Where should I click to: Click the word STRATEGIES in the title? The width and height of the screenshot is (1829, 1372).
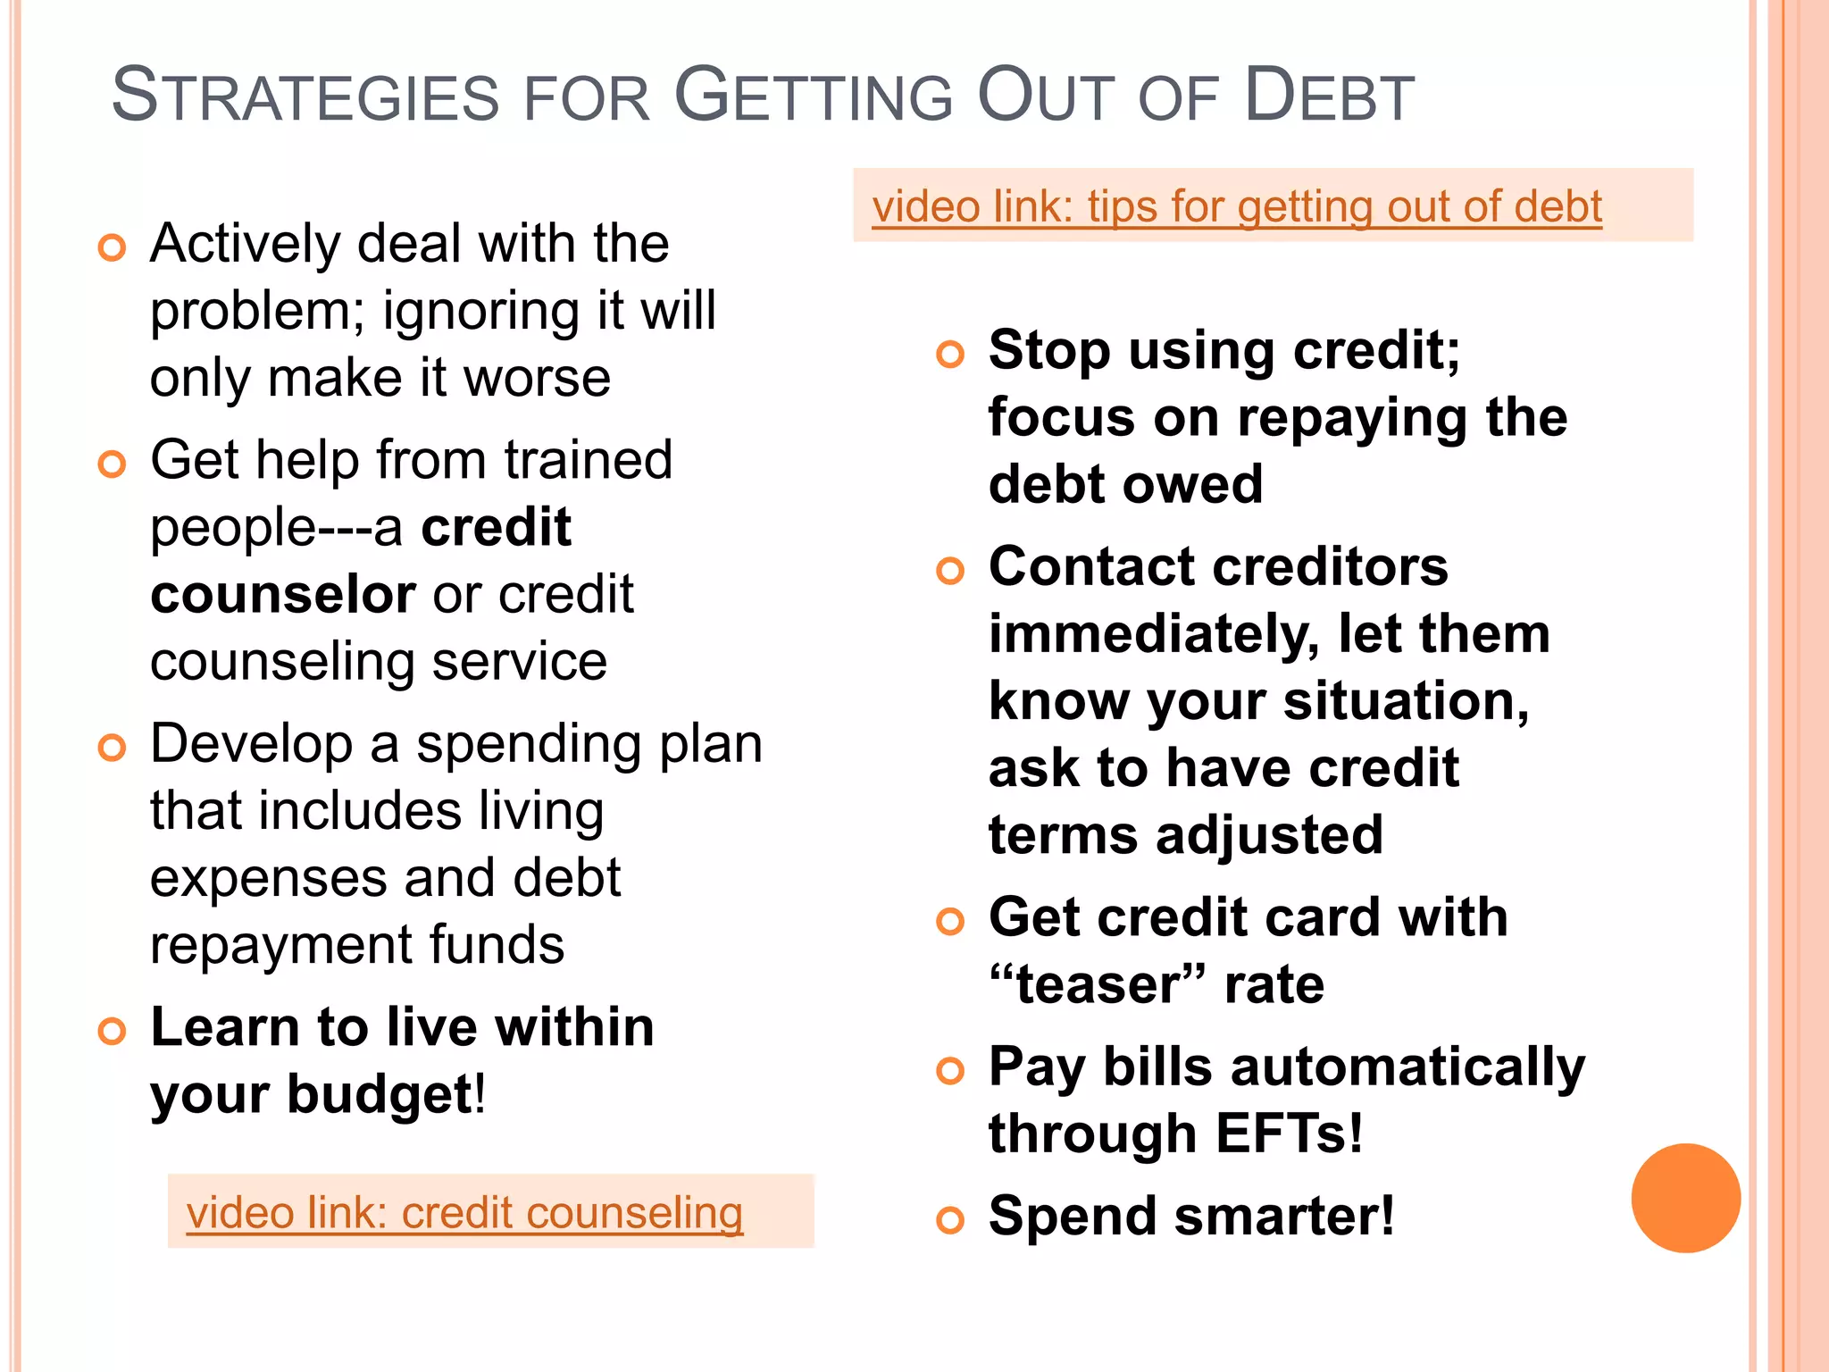(305, 96)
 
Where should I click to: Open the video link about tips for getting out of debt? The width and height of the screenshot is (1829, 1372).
(1237, 206)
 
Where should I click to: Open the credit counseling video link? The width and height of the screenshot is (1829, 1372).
(464, 1213)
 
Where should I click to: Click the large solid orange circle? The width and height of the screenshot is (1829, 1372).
(1685, 1198)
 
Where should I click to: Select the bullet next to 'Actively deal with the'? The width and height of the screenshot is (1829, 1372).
(112, 247)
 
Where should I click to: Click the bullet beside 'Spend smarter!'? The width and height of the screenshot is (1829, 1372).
(950, 1220)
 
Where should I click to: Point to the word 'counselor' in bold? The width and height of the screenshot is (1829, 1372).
(283, 595)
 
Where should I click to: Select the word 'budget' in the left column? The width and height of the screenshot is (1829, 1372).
(379, 1095)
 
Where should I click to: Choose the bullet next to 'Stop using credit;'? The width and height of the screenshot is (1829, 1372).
(950, 355)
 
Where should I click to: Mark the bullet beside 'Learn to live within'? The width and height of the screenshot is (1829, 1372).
(112, 1032)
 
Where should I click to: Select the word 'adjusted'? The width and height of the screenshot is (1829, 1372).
(1269, 836)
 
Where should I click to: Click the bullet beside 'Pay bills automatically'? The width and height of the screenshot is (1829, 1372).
(950, 1071)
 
